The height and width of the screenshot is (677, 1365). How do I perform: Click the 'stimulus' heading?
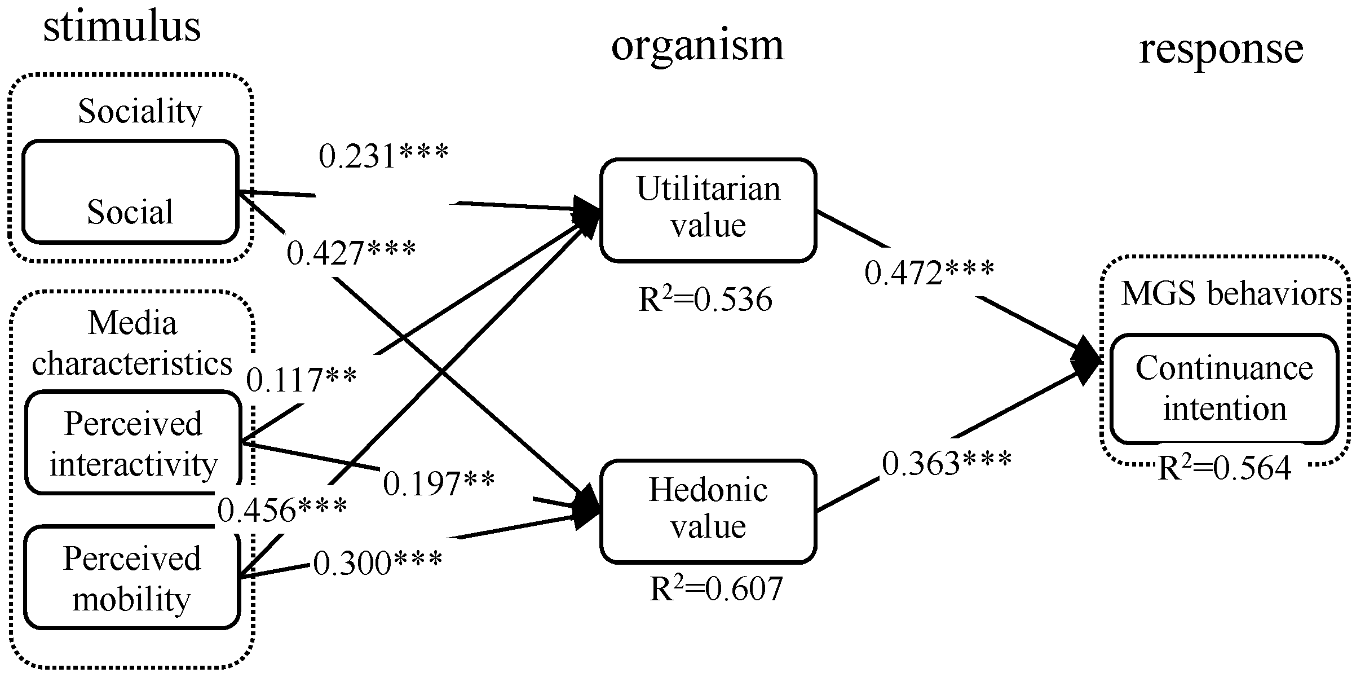pos(122,27)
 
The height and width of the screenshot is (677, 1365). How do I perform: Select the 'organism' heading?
pos(697,46)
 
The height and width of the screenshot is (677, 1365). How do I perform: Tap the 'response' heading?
pos(1221,49)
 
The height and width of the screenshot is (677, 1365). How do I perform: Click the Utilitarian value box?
pos(708,209)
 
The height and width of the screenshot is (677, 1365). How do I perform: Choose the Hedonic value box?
pos(708,511)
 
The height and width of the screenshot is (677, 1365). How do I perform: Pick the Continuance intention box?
pos(1224,389)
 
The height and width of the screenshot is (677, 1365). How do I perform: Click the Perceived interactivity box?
pos(133,443)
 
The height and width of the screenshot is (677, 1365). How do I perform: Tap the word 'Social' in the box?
pos(130,213)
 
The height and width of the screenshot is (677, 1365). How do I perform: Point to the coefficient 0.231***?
pos(383,156)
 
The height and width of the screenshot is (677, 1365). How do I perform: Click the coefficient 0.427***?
pos(351,253)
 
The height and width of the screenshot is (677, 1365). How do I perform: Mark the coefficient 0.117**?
pos(302,380)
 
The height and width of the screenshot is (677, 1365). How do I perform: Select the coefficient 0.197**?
pos(439,483)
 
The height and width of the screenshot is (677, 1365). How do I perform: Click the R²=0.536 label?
pos(705,300)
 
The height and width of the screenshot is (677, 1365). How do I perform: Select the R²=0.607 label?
pos(716,589)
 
